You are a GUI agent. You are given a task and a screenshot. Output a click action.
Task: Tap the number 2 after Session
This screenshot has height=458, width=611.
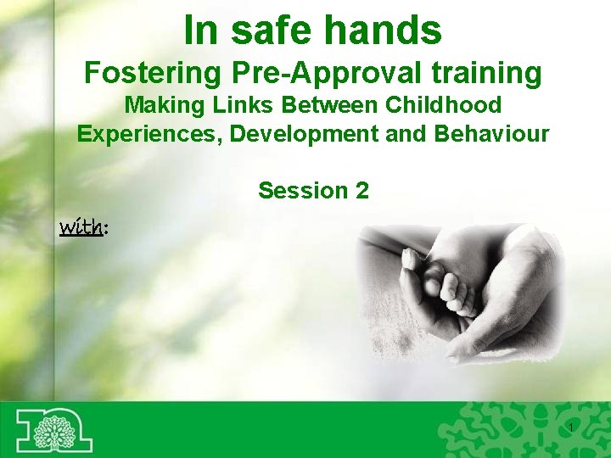pyautogui.click(x=362, y=191)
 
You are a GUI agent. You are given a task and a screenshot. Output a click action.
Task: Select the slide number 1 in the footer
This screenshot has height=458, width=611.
pyautogui.click(x=572, y=426)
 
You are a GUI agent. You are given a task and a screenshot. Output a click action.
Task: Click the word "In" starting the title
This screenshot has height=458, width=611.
pyautogui.click(x=200, y=31)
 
